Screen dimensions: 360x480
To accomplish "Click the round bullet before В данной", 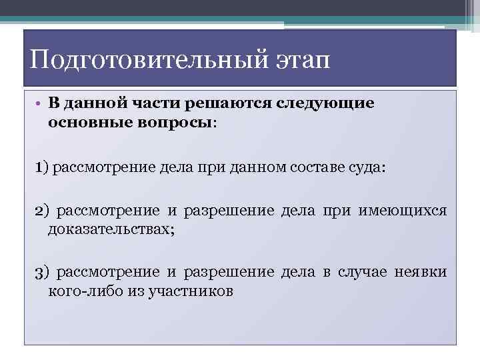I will pos(39,105).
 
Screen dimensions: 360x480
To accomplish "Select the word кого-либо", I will pos(79,291).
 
